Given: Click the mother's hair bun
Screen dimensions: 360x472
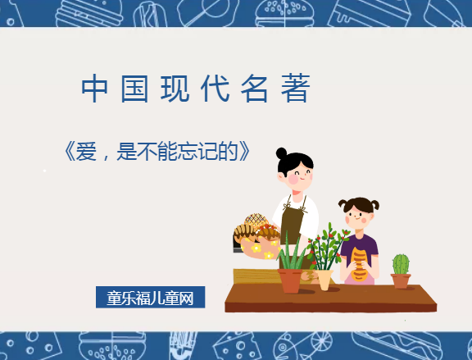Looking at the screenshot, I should tap(282, 153).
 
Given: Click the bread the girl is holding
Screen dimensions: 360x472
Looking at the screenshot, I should tap(360, 263).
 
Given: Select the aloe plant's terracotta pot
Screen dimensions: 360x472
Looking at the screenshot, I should tap(291, 280).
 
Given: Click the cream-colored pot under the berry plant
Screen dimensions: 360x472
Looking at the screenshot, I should tap(324, 280).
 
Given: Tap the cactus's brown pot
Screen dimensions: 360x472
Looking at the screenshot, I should tap(401, 280).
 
